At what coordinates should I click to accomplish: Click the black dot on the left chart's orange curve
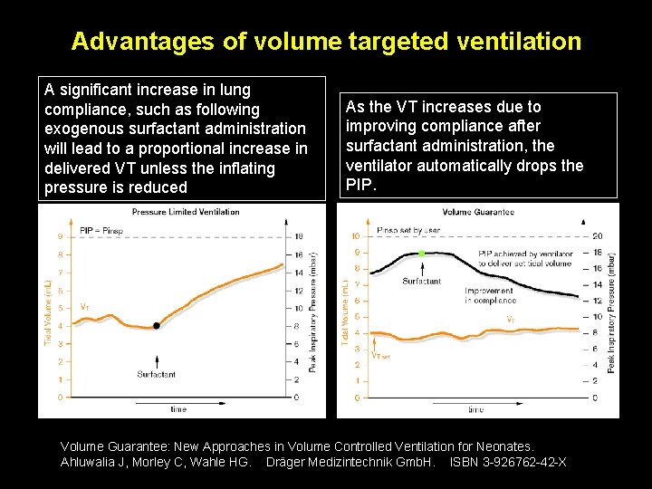tap(157, 325)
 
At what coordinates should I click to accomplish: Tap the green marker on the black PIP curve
tap(421, 253)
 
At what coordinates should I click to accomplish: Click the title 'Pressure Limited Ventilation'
tap(186, 212)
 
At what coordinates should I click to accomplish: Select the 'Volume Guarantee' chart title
tap(478, 213)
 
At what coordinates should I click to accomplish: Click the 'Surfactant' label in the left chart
tap(157, 374)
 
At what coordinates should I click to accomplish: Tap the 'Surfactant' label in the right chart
tap(421, 282)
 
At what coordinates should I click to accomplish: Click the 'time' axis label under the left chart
tap(178, 409)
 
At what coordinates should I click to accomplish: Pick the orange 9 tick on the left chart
tap(60, 237)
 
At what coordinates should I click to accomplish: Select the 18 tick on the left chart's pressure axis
tap(297, 237)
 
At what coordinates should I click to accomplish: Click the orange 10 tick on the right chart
tap(355, 236)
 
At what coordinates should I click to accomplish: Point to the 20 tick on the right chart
tap(597, 236)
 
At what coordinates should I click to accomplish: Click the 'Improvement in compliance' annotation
tap(490, 295)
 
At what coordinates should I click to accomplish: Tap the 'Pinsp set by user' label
tap(408, 230)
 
